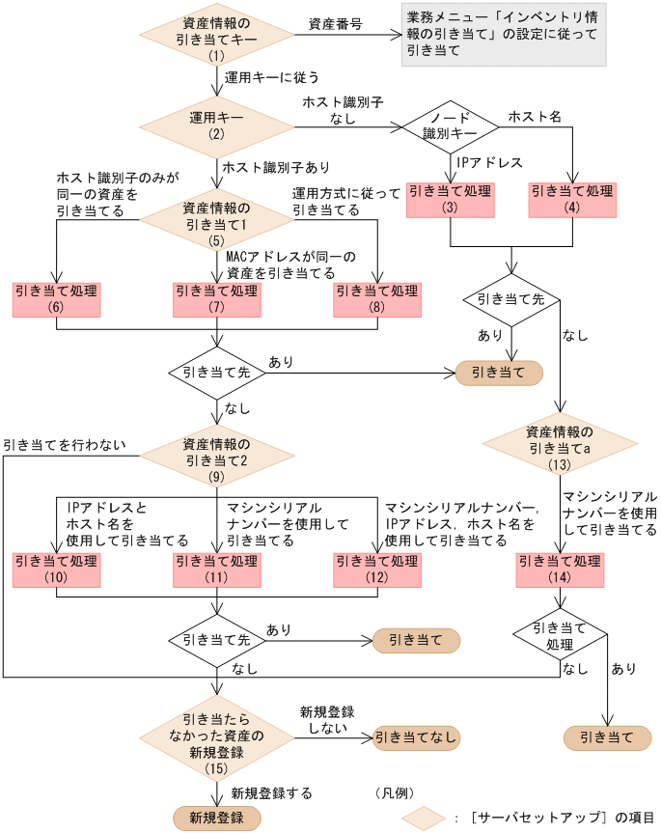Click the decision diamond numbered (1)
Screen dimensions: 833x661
tap(216, 37)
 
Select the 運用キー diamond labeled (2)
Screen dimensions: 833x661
tap(216, 125)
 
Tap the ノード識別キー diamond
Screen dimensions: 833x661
tap(450, 126)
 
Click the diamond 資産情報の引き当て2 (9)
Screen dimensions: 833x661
tap(216, 453)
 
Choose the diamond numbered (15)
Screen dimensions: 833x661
tap(216, 738)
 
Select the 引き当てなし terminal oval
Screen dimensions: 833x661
tap(417, 738)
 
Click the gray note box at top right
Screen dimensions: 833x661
tap(504, 35)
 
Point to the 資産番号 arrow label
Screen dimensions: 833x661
tap(335, 23)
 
